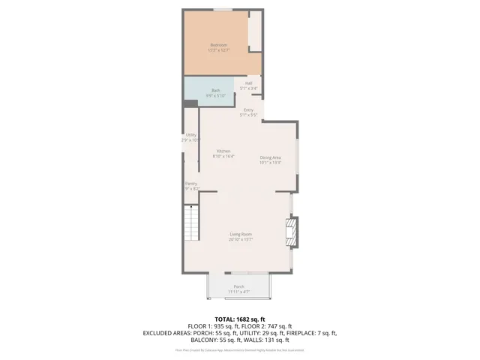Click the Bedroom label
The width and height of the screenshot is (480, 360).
click(x=217, y=45)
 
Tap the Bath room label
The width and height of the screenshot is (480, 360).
click(x=215, y=90)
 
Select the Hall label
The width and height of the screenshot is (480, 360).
click(x=248, y=83)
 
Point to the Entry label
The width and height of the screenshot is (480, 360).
click(x=248, y=110)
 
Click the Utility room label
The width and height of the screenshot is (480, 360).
click(x=190, y=135)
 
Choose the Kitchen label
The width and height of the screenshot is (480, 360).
click(x=223, y=151)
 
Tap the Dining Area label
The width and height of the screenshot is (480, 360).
click(x=270, y=157)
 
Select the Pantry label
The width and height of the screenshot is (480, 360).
click(x=190, y=184)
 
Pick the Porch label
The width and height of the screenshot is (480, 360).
click(x=238, y=286)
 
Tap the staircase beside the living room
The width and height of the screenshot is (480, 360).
click(x=193, y=223)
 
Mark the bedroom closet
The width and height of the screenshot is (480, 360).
click(x=255, y=31)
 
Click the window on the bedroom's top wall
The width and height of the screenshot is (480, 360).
click(x=222, y=10)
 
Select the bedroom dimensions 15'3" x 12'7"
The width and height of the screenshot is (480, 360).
click(x=218, y=50)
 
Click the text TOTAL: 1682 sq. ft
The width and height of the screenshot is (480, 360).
click(x=240, y=319)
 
